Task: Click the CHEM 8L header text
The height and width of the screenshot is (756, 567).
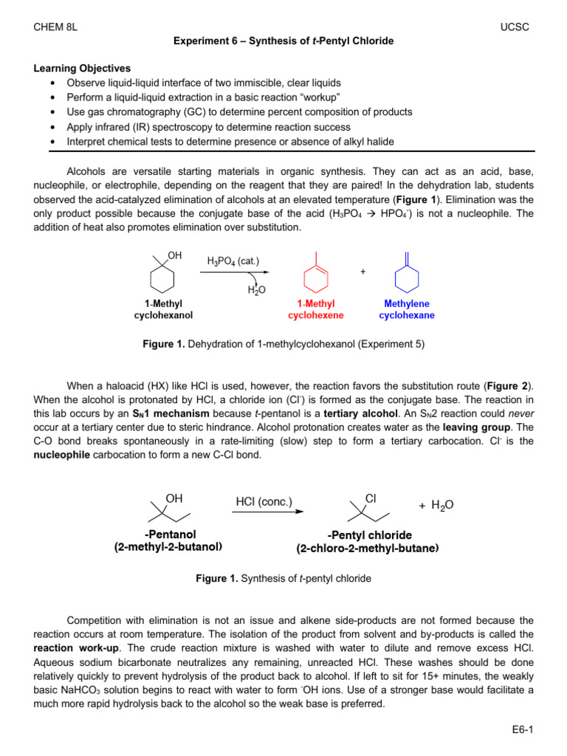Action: click(x=56, y=27)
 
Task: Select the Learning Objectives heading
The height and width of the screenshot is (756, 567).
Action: click(x=82, y=68)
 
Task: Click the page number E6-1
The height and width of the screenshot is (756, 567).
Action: click(x=521, y=731)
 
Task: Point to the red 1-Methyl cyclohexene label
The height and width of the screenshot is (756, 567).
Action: click(x=315, y=309)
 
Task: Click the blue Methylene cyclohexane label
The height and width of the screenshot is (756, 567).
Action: click(x=407, y=309)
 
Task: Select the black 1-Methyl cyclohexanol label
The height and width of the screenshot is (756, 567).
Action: click(x=163, y=309)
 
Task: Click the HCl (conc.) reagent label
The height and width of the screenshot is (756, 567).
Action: click(x=264, y=502)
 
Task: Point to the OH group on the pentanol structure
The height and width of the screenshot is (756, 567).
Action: click(x=174, y=498)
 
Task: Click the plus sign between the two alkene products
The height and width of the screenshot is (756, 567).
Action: click(x=362, y=272)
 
